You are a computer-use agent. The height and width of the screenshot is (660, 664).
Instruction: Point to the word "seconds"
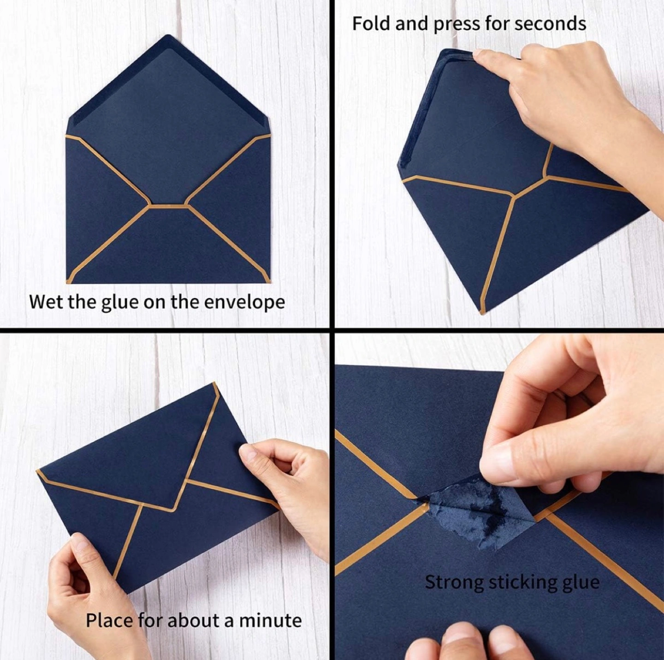click(x=550, y=24)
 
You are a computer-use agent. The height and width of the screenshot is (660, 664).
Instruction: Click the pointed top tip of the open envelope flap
click(x=168, y=35)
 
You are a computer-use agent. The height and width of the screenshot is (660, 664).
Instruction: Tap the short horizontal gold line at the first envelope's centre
click(x=168, y=206)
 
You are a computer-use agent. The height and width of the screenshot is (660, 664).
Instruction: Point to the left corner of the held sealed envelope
click(x=37, y=471)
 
